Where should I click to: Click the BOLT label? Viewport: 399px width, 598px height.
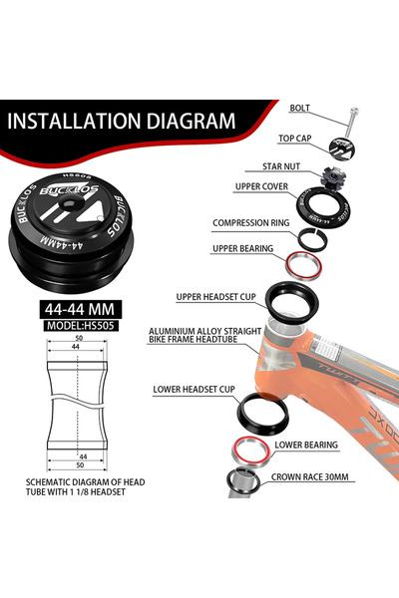[299, 108]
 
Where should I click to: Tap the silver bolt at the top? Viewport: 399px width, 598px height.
[352, 122]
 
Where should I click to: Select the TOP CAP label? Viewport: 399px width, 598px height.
[295, 139]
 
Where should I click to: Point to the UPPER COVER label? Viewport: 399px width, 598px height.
[261, 186]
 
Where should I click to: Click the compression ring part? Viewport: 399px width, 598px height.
[312, 239]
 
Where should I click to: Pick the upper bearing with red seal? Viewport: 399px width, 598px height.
[304, 265]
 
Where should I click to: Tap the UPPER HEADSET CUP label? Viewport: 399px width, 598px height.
[216, 297]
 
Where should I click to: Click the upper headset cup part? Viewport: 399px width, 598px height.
[292, 301]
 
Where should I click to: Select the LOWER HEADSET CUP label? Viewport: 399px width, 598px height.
[194, 390]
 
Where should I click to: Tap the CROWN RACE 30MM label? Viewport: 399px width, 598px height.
[310, 477]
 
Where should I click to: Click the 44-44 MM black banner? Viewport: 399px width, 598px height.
[80, 309]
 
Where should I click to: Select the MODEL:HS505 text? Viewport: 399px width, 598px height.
[80, 326]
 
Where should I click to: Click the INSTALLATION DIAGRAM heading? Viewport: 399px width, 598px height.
[122, 121]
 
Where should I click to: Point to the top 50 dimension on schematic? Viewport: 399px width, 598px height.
[79, 338]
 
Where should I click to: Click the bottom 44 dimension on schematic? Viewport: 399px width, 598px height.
[83, 456]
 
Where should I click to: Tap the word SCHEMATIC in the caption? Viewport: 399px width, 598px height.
[45, 482]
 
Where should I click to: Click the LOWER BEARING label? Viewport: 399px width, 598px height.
[306, 446]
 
